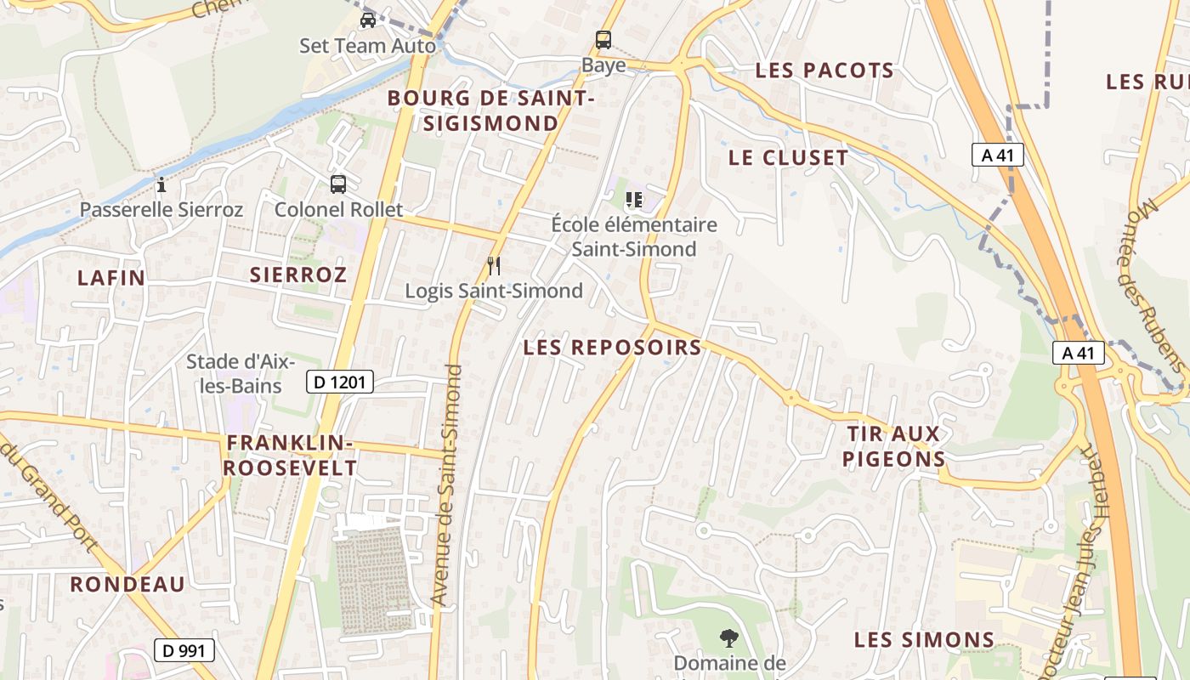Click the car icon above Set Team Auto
click(367, 20)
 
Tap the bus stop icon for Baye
click(603, 39)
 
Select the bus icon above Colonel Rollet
click(338, 184)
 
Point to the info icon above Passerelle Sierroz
click(161, 184)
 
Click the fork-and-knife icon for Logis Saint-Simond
click(493, 266)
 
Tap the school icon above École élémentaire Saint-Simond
click(633, 200)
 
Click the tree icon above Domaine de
click(728, 637)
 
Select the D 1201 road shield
click(340, 382)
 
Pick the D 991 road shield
click(184, 651)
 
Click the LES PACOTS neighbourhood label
click(824, 71)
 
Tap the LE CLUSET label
click(788, 157)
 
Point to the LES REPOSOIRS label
click(612, 347)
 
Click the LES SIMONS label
click(924, 640)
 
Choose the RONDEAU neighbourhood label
click(127, 584)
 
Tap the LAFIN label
click(111, 278)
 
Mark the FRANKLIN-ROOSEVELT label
click(291, 456)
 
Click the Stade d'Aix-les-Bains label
click(241, 373)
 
